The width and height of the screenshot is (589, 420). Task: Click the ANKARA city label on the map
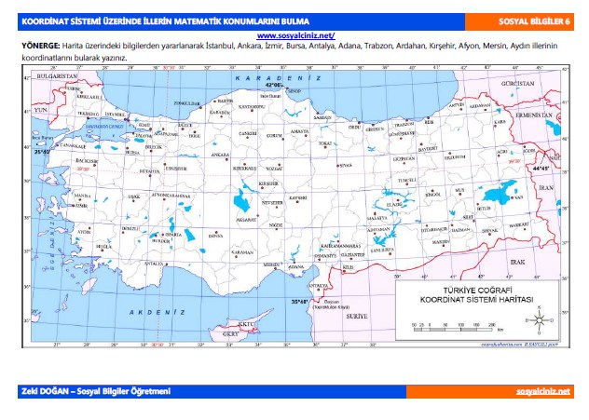coord(221,156)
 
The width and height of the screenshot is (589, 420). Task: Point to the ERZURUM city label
coord(453,157)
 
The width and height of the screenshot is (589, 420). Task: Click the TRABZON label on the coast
coord(404,124)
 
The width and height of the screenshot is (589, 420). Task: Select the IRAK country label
coord(517,264)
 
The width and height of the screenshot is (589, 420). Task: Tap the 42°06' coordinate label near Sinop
coord(273,84)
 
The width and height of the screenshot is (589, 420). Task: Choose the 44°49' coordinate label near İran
coord(541,170)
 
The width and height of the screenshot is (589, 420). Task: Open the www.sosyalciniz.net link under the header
coord(294,34)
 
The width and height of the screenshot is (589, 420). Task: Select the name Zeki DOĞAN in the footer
coord(45,391)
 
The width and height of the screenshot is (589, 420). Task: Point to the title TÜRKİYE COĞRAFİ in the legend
coord(474,291)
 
